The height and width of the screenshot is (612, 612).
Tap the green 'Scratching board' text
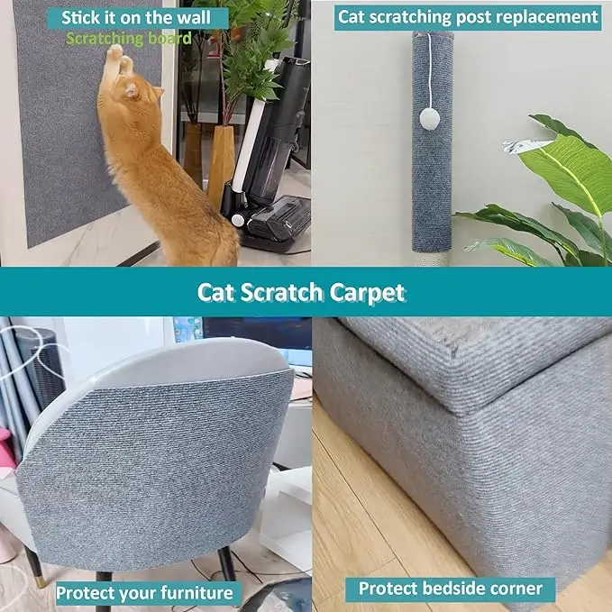tap(128, 38)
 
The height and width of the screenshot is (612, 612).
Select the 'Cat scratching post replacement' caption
tap(467, 16)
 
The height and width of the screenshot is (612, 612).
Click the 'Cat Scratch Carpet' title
tap(301, 292)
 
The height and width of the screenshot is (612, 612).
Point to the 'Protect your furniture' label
tap(145, 592)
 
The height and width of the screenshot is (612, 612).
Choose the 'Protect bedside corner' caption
tap(451, 589)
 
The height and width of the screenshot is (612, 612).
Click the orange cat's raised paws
tap(114, 56)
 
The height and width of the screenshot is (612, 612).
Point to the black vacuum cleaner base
tap(270, 221)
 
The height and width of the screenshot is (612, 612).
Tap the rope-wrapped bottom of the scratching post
tap(432, 256)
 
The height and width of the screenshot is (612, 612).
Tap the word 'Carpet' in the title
tap(367, 292)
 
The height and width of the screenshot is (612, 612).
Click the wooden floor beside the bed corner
tap(361, 505)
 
